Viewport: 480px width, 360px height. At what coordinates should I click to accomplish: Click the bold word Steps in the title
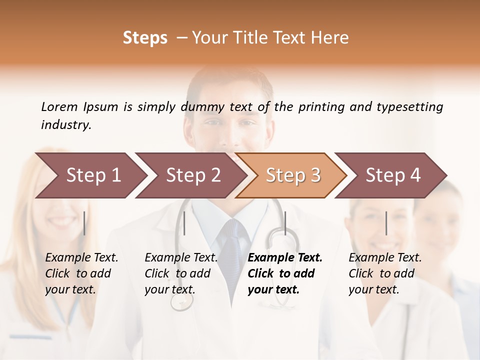[x=145, y=38]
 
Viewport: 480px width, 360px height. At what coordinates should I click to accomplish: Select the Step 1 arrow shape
[x=90, y=175]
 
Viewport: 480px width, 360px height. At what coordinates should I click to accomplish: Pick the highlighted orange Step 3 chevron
[x=292, y=175]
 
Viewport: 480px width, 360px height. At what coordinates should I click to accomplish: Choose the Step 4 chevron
[x=392, y=175]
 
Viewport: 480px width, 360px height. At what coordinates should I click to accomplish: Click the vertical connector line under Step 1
[x=84, y=223]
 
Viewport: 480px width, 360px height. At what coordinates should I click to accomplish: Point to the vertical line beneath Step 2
[x=184, y=223]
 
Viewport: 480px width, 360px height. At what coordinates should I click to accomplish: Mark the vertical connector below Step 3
[x=285, y=223]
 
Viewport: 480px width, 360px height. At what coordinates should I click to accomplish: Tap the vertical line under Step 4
[x=386, y=223]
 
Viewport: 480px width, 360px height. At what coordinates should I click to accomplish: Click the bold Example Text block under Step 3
[x=285, y=273]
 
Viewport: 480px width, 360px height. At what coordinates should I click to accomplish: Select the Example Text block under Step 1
[x=81, y=273]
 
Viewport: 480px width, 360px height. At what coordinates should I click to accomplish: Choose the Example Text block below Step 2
[x=181, y=273]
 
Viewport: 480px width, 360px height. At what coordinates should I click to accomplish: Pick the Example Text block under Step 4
[x=385, y=273]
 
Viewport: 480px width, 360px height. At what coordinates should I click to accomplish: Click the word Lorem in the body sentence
[x=59, y=107]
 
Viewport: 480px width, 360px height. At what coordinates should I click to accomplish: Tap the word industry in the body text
[x=66, y=125]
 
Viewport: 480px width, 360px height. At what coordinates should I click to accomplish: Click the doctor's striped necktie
[x=233, y=250]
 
